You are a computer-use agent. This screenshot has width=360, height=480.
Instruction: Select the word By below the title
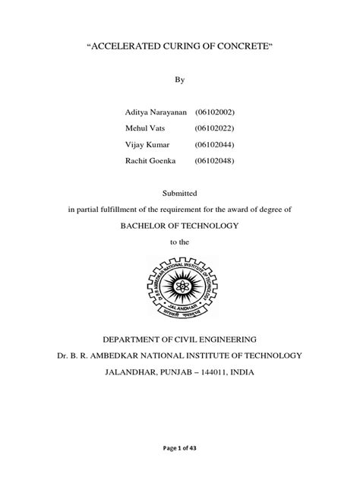(180, 79)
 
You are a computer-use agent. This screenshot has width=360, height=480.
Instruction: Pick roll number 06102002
(219, 112)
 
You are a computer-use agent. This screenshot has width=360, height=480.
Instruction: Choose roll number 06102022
(219, 128)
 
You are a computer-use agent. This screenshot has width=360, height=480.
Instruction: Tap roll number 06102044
(219, 144)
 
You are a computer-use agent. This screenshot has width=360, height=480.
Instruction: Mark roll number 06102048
(219, 159)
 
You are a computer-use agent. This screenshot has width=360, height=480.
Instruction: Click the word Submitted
(180, 194)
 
